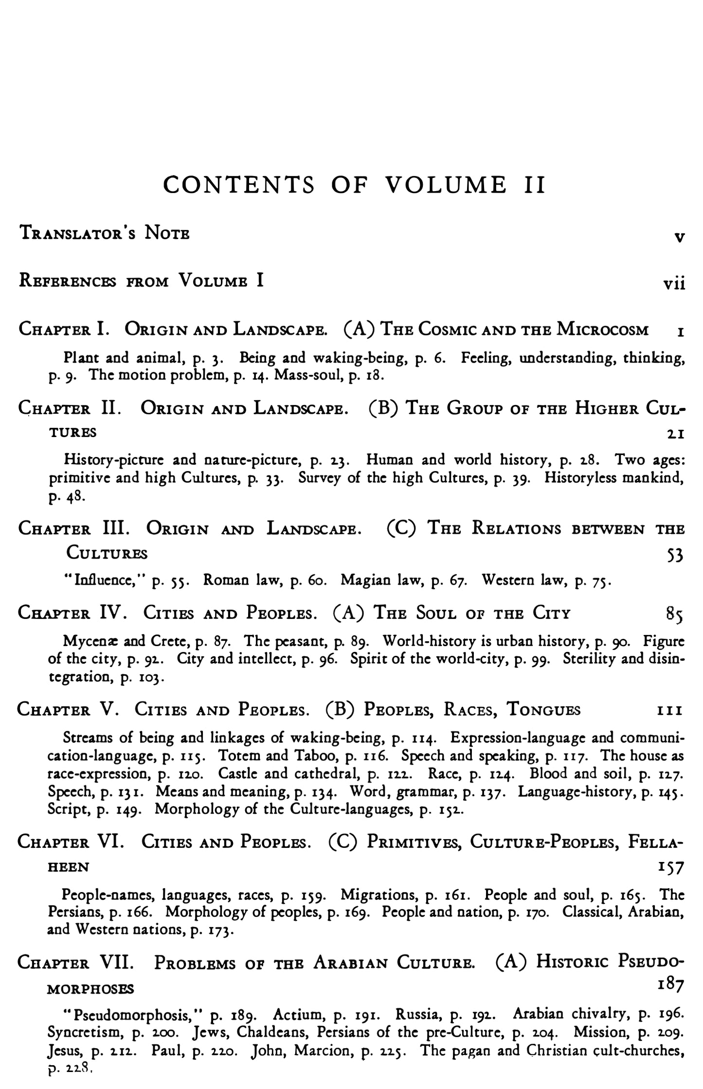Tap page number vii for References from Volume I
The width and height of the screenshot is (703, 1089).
[x=674, y=283]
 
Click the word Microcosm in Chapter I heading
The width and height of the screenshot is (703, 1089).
[x=603, y=330]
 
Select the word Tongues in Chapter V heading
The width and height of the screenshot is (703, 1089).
[x=544, y=710]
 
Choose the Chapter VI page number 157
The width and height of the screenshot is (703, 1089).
[x=671, y=867]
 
